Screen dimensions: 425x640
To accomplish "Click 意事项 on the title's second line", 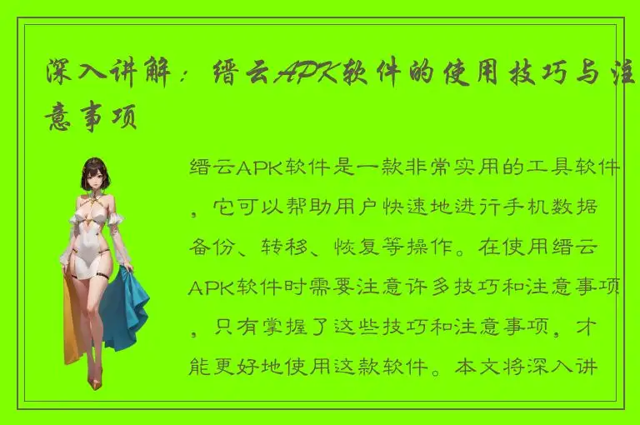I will coord(91,118).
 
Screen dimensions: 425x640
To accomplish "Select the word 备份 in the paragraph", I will coord(212,248).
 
